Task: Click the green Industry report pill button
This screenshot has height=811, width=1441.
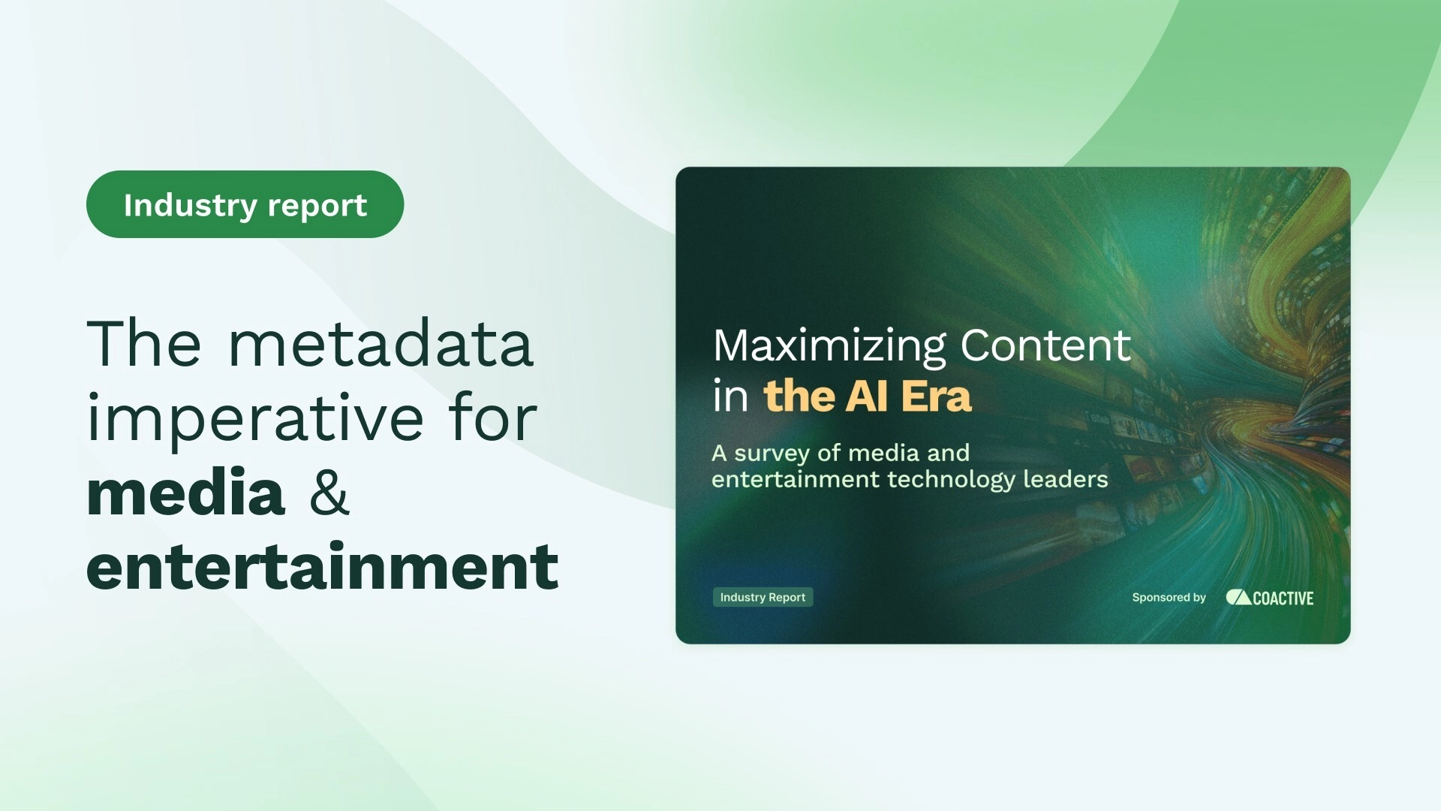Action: [x=245, y=204]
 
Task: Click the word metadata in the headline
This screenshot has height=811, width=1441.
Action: [x=381, y=344]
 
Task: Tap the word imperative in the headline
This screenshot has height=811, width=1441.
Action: [x=255, y=419]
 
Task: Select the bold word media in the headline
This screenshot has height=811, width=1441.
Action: [x=185, y=493]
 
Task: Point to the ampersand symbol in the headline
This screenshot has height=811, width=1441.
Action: [x=329, y=493]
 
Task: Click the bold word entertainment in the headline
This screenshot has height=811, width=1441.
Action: [x=322, y=567]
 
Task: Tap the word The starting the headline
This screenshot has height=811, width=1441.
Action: [x=143, y=344]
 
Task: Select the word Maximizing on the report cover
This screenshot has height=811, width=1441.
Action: [x=829, y=347]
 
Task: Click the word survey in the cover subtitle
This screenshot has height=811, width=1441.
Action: [x=772, y=454]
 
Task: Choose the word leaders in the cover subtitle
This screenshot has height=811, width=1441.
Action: [x=1066, y=479]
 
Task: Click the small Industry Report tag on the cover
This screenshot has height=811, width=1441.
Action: [x=763, y=597]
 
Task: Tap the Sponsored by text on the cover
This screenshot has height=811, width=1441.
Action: [x=1169, y=598]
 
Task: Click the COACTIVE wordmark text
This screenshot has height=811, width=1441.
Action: [x=1283, y=598]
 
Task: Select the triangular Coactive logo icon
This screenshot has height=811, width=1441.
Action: [x=1238, y=597]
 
